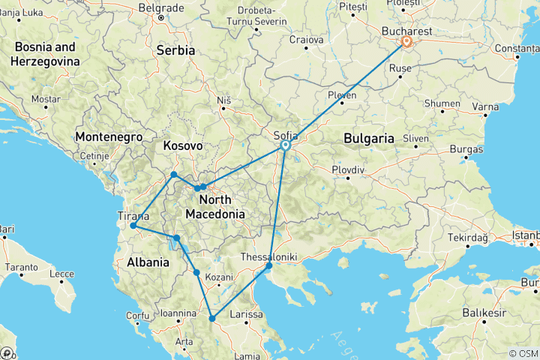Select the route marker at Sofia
click(x=286, y=146)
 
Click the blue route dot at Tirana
click(x=133, y=226)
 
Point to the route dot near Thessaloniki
click(x=269, y=265)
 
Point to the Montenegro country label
click(x=108, y=137)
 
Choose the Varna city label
click(x=485, y=106)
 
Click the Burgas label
click(x=467, y=149)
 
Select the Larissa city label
click(x=247, y=314)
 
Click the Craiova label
click(x=307, y=39)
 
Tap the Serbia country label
click(x=175, y=50)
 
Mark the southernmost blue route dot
click(x=213, y=319)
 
